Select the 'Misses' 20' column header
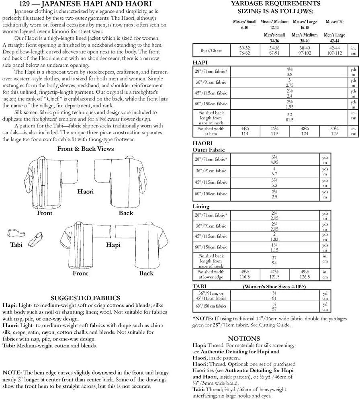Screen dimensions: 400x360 tap(335, 22)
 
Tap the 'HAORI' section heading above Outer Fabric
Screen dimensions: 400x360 tap(203, 143)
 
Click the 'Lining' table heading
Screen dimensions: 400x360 tap(202, 207)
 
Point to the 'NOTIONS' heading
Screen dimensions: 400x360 tap(244, 338)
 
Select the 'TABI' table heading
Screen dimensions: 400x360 tap(200, 286)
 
